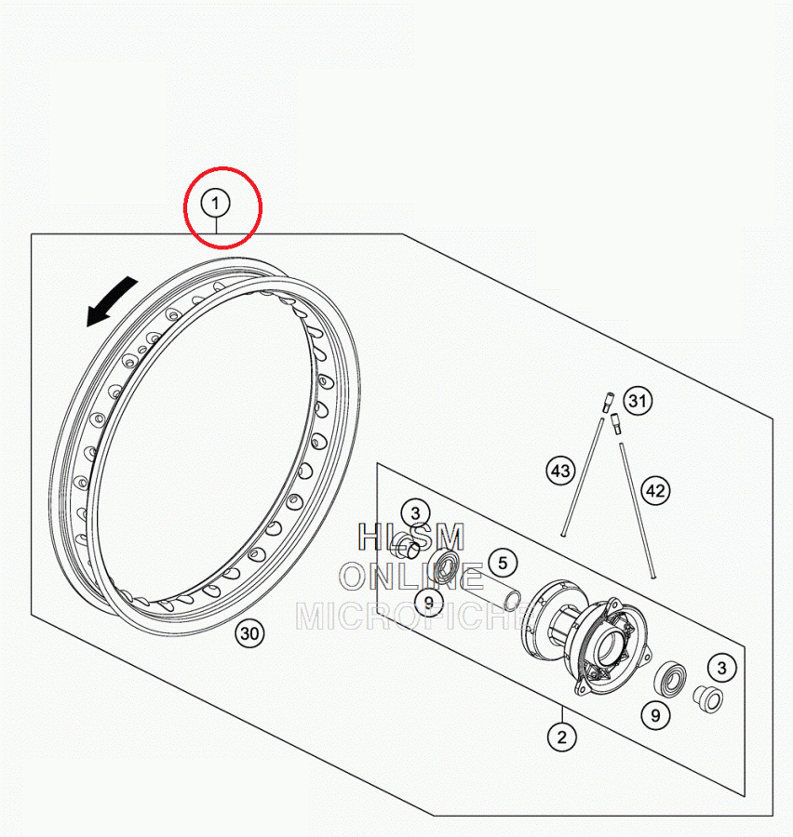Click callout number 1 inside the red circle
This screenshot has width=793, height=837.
(215, 204)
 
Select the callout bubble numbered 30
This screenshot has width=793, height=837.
(249, 633)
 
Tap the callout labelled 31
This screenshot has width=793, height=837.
(638, 401)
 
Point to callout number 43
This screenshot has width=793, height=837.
(560, 471)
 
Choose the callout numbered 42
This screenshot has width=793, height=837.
(655, 490)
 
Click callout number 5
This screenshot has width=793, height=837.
(503, 563)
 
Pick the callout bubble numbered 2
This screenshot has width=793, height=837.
(561, 737)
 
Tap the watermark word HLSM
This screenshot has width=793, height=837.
(411, 537)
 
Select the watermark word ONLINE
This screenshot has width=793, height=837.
(411, 577)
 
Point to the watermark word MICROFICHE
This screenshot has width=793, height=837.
(415, 616)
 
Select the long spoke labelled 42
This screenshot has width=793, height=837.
(638, 510)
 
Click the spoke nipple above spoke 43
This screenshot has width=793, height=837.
(608, 402)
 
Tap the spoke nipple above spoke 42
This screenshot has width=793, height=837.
(616, 423)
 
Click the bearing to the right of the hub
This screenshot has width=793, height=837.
(670, 679)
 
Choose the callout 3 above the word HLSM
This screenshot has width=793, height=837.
(416, 513)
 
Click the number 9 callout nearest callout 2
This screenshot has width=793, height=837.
(655, 715)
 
